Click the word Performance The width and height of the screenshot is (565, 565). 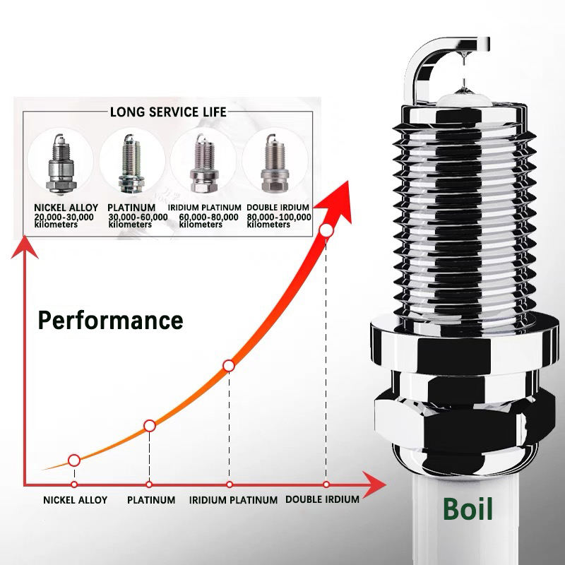point(110,320)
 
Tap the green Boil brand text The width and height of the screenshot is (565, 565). point(467,509)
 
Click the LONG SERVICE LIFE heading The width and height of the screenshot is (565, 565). point(168,112)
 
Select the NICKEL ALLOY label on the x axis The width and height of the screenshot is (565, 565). point(75,500)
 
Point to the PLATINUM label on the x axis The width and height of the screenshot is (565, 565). point(150,500)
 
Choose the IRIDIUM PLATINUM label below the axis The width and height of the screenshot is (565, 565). point(233,500)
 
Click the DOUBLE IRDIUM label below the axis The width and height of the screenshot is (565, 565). point(322,499)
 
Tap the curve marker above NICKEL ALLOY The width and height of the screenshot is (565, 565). point(73,460)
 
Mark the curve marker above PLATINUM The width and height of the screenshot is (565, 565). point(149,425)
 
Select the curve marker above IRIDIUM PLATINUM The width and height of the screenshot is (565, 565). point(228,365)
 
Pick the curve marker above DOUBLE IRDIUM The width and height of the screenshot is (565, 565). point(326,230)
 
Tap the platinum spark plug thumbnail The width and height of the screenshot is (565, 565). point(131,162)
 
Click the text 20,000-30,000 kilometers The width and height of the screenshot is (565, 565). point(64,220)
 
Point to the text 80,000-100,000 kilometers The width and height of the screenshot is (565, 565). point(279,220)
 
